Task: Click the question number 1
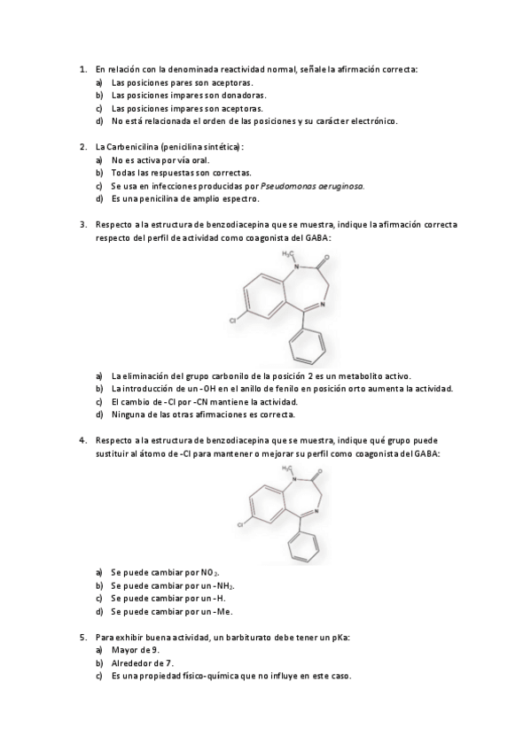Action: tap(82, 69)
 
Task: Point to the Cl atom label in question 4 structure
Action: tap(241, 525)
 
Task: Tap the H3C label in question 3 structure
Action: tap(288, 253)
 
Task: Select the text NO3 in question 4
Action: tap(210, 573)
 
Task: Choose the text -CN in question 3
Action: tap(202, 402)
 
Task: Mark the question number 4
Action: tap(82, 440)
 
